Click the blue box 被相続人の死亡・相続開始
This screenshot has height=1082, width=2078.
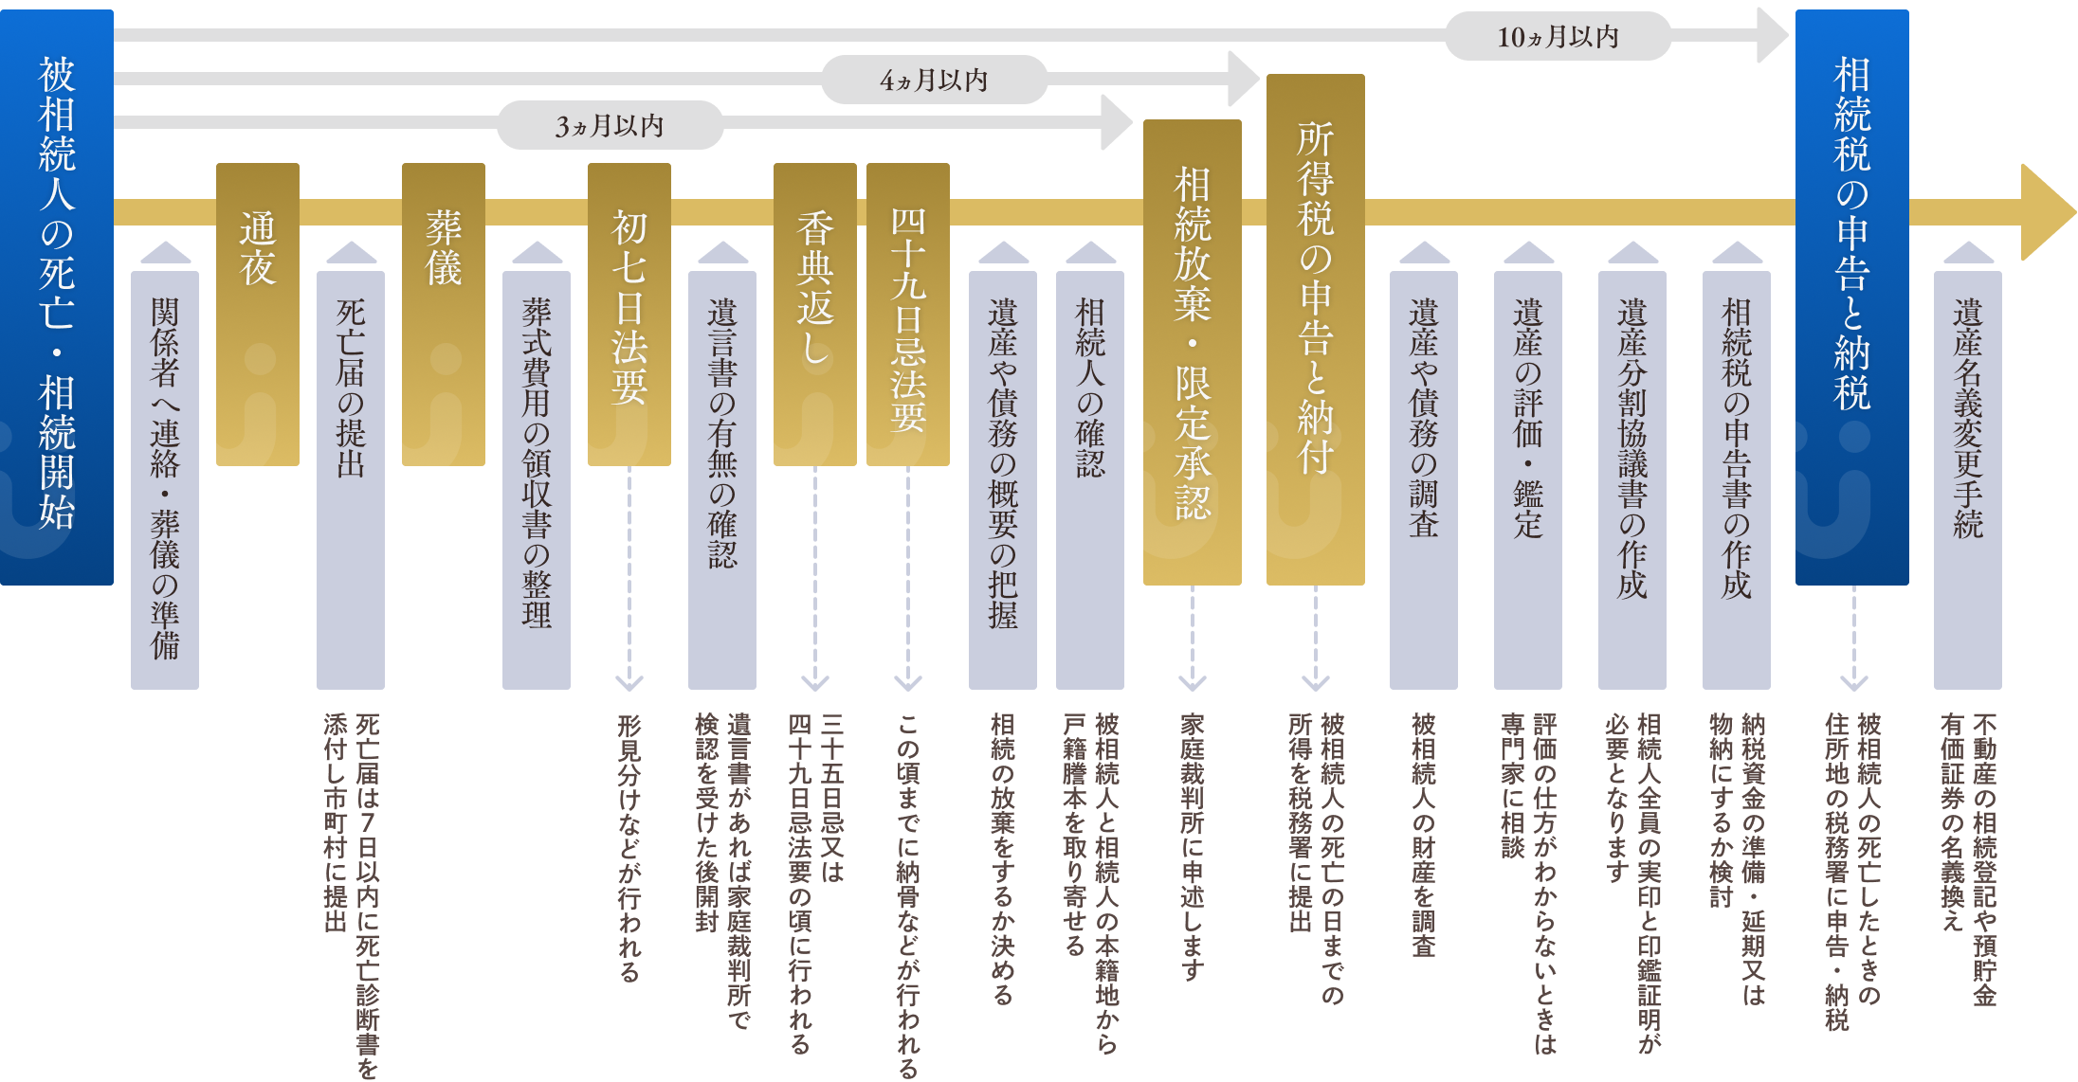coord(57,298)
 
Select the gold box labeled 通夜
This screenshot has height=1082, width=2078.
coord(258,315)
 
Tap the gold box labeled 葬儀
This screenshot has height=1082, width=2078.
coord(444,315)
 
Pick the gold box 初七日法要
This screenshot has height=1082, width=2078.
coord(629,315)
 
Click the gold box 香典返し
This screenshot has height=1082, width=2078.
coord(815,315)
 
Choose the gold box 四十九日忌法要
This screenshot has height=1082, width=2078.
coord(908,315)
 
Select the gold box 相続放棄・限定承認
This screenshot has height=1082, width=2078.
coord(1193,352)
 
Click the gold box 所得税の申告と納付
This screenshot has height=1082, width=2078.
coord(1316,330)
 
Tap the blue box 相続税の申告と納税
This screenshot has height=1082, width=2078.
coord(1852,298)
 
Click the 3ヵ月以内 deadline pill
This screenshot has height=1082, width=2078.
coord(611,125)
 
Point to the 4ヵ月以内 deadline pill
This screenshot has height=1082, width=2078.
coord(935,80)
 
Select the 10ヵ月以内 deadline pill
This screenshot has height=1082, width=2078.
coord(1558,36)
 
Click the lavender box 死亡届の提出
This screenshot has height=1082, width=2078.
coord(351,479)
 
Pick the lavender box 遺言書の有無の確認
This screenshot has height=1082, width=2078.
coord(722,479)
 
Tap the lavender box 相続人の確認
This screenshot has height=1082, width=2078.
coord(1090,479)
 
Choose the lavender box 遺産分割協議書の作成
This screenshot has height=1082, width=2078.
coord(1632,479)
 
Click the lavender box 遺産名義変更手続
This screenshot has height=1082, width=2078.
coord(1968,479)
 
